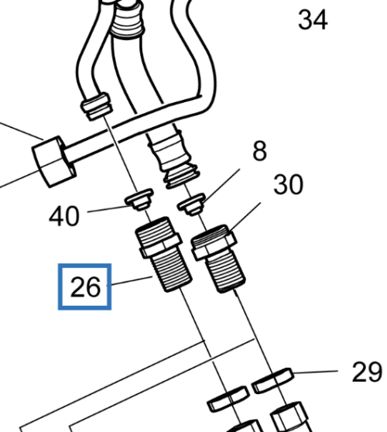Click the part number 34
pyautogui.click(x=313, y=19)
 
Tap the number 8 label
pyautogui.click(x=260, y=150)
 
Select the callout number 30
pyautogui.click(x=289, y=184)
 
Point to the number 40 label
pyautogui.click(x=64, y=216)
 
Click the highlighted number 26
pyautogui.click(x=85, y=286)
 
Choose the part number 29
pyautogui.click(x=367, y=372)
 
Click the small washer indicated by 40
pyautogui.click(x=139, y=199)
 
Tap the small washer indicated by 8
pyautogui.click(x=192, y=204)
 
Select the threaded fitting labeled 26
pyautogui.click(x=163, y=254)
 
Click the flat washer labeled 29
pyautogui.click(x=272, y=380)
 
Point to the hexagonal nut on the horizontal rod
pyautogui.click(x=53, y=162)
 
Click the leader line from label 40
pyautogui.click(x=109, y=209)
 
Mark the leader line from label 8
pyautogui.click(x=221, y=185)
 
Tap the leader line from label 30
pyautogui.click(x=245, y=217)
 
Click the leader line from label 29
pyautogui.click(x=316, y=372)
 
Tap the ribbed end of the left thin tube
pyautogui.click(x=97, y=107)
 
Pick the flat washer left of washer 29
pyautogui.click(x=228, y=399)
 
